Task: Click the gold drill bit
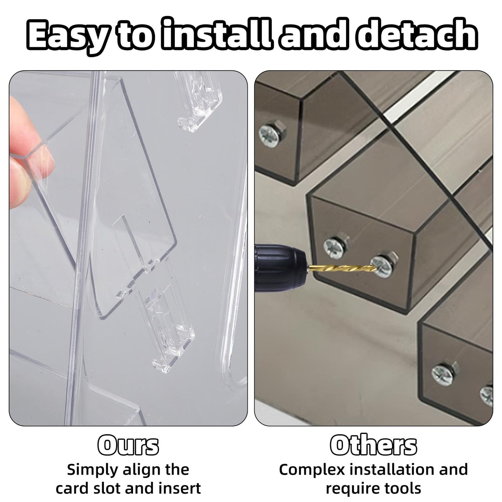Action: [x=341, y=268]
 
